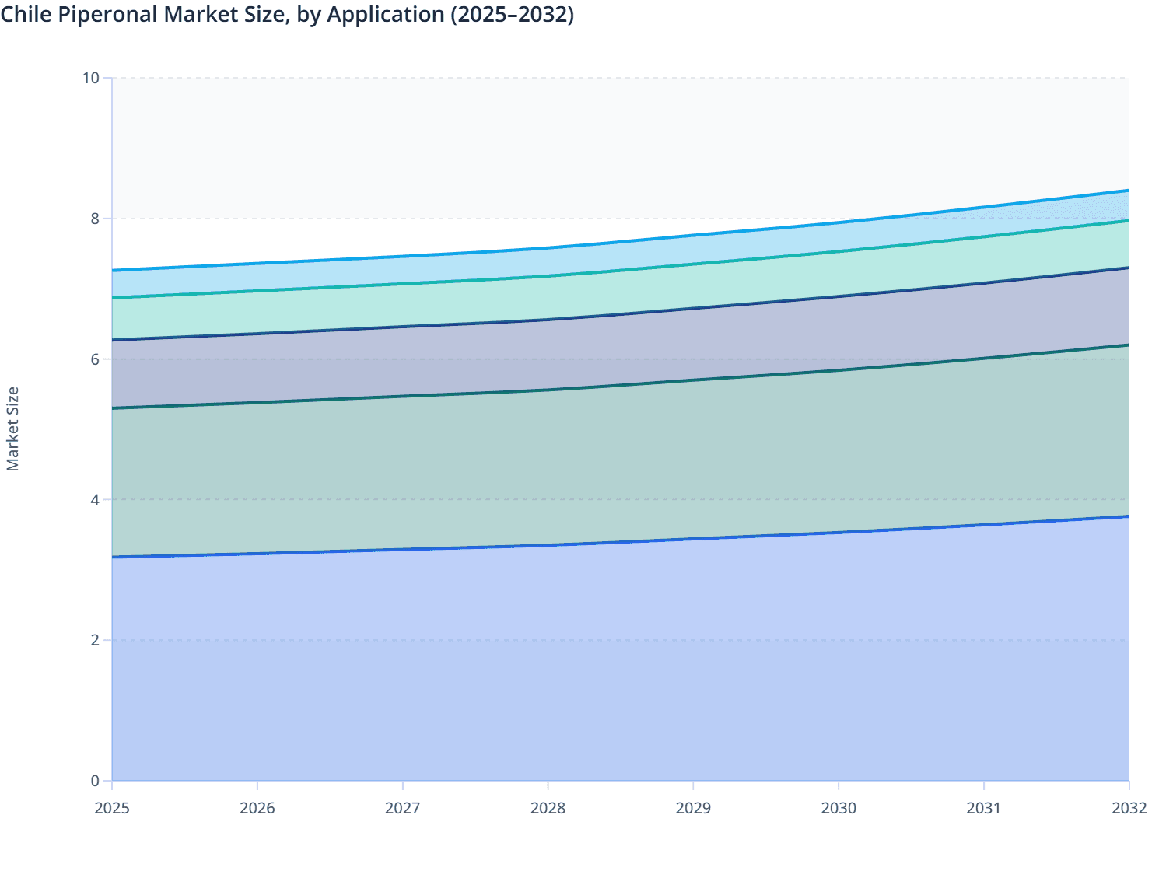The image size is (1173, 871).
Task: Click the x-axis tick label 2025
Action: click(x=112, y=808)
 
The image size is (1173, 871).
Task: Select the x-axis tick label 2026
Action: click(x=257, y=808)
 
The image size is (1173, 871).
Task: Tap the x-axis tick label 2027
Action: click(x=403, y=808)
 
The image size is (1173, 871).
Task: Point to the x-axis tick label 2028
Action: click(x=548, y=808)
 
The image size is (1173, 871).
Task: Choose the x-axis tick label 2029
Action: click(x=693, y=808)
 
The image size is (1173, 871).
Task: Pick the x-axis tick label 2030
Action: click(x=839, y=808)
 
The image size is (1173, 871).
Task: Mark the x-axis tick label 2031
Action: click(x=984, y=808)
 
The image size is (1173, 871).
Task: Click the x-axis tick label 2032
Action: click(x=1129, y=808)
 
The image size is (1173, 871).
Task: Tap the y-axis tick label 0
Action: click(x=95, y=781)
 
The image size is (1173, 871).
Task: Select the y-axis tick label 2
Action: click(x=95, y=640)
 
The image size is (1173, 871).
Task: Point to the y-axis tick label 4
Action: click(x=95, y=499)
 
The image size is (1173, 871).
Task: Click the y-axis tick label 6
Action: click(x=95, y=359)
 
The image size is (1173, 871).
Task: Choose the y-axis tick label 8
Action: click(x=95, y=219)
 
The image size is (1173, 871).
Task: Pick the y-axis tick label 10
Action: click(x=91, y=78)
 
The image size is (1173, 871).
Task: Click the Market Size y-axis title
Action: click(x=12, y=429)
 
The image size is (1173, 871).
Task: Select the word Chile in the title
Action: click(x=25, y=15)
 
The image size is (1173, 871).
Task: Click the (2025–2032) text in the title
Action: click(x=512, y=15)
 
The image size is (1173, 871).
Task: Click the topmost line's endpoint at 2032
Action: click(x=1129, y=191)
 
